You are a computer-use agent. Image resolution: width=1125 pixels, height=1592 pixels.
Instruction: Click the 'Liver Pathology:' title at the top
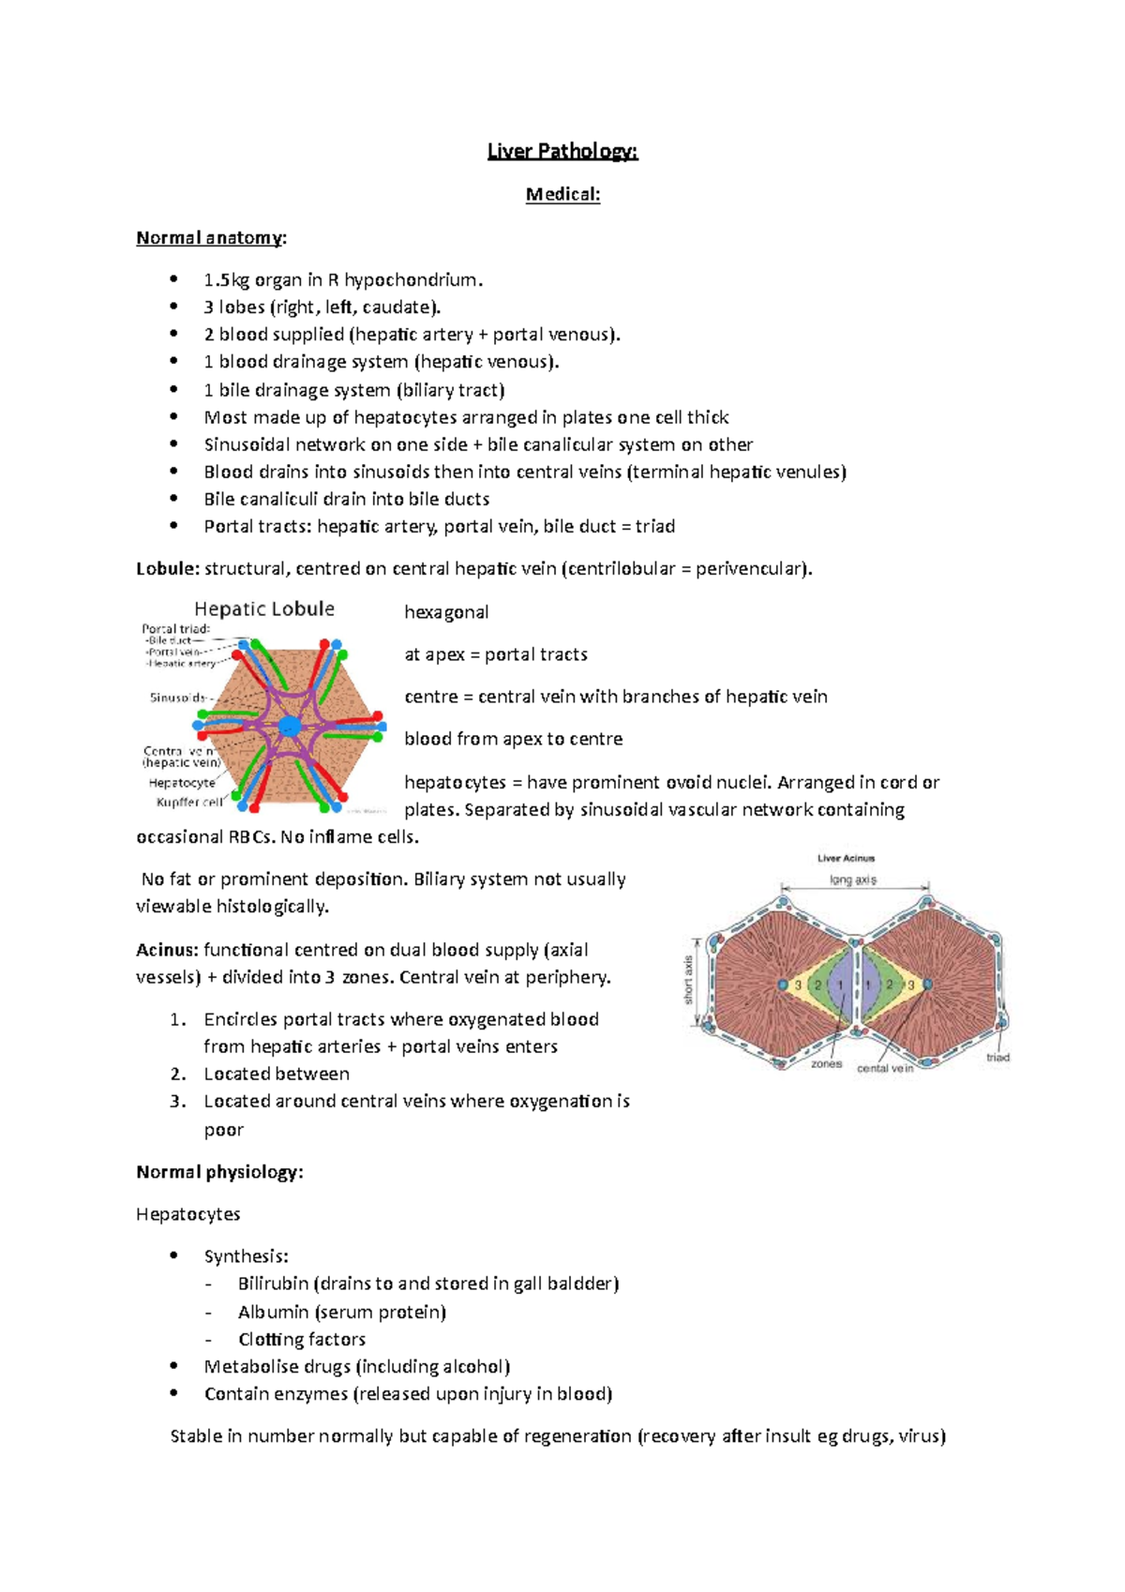pyautogui.click(x=562, y=151)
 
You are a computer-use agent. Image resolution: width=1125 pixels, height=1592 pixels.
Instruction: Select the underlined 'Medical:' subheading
pyautogui.click(x=562, y=194)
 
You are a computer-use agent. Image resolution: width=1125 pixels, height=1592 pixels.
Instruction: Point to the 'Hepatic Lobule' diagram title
pyautogui.click(x=264, y=608)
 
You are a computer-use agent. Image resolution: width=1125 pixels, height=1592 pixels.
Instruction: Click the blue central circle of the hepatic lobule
pyautogui.click(x=290, y=726)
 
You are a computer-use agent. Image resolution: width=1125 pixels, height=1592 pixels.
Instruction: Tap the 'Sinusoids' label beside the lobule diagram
pyautogui.click(x=178, y=698)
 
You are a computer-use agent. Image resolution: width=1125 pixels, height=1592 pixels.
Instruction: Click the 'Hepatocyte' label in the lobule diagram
pyautogui.click(x=182, y=782)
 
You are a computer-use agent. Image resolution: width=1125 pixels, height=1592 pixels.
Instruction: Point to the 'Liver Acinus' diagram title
pyautogui.click(x=846, y=858)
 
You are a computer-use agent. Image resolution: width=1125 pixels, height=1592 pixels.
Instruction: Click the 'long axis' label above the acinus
pyautogui.click(x=853, y=880)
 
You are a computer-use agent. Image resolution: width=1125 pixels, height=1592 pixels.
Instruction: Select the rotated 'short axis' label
pyautogui.click(x=688, y=981)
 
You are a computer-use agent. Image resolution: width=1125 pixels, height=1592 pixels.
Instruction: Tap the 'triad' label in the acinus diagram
pyautogui.click(x=997, y=1058)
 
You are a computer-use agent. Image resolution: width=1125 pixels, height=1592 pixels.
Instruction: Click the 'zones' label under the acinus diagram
pyautogui.click(x=826, y=1064)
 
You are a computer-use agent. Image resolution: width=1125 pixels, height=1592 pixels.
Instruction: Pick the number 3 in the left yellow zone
pyautogui.click(x=799, y=985)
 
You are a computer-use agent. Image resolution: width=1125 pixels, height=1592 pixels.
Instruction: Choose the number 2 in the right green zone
pyautogui.click(x=889, y=985)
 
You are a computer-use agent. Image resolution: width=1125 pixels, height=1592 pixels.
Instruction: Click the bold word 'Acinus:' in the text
pyautogui.click(x=167, y=950)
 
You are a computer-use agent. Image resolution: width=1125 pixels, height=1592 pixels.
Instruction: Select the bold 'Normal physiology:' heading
pyautogui.click(x=219, y=1172)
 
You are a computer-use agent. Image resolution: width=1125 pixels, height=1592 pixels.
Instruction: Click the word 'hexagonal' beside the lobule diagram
pyautogui.click(x=446, y=612)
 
